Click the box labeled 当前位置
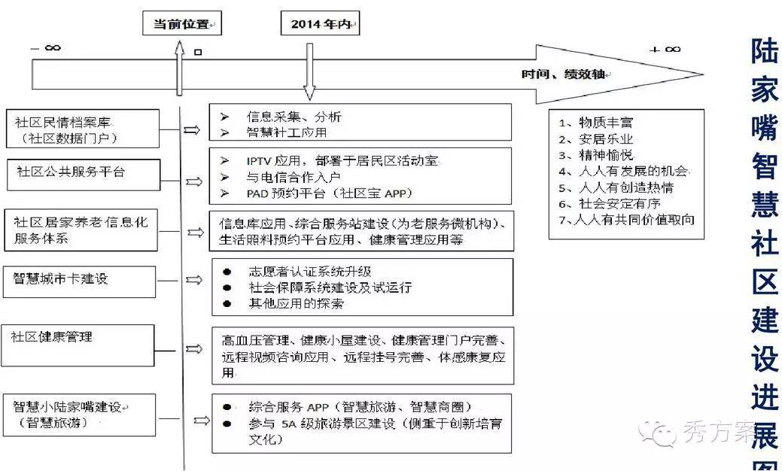click(x=181, y=24)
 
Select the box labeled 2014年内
click(x=320, y=24)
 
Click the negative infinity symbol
click(x=46, y=48)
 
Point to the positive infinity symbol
click(x=665, y=49)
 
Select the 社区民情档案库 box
click(x=84, y=129)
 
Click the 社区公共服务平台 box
click(x=84, y=174)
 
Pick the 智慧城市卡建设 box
click(x=79, y=280)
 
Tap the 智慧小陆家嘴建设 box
click(x=79, y=415)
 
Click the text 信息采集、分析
click(x=294, y=117)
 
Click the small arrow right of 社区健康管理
click(x=193, y=349)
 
